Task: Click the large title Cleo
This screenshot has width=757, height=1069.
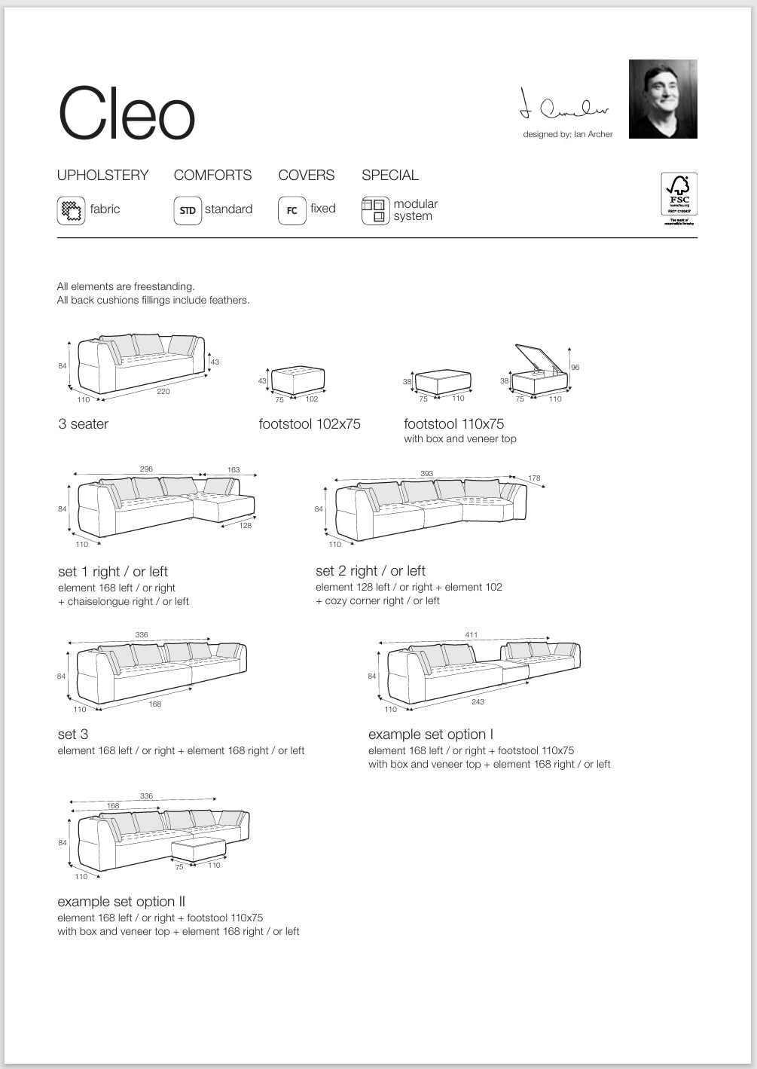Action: click(127, 114)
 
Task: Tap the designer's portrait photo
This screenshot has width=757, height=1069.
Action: click(663, 99)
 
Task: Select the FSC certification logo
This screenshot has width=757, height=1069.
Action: click(679, 197)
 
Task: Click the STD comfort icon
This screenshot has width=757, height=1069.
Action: click(188, 210)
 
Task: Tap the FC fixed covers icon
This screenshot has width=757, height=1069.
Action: click(292, 210)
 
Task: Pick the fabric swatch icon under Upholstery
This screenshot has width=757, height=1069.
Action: click(71, 210)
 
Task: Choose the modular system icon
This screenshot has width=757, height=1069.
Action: click(375, 210)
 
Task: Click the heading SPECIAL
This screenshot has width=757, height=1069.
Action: click(389, 175)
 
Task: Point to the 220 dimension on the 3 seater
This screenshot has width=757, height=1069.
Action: click(163, 391)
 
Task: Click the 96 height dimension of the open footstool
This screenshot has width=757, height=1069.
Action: click(575, 368)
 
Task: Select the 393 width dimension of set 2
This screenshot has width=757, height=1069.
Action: click(426, 474)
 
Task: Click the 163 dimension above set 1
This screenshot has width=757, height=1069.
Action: click(234, 469)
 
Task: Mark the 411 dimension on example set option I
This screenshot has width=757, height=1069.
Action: click(471, 635)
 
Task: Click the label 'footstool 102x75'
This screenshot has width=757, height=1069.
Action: click(310, 424)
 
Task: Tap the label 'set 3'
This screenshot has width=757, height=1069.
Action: click(73, 735)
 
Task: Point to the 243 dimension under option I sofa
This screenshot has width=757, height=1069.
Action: click(478, 701)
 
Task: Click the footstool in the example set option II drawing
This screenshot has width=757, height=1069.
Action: click(198, 849)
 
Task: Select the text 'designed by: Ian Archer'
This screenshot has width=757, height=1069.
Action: click(568, 134)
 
